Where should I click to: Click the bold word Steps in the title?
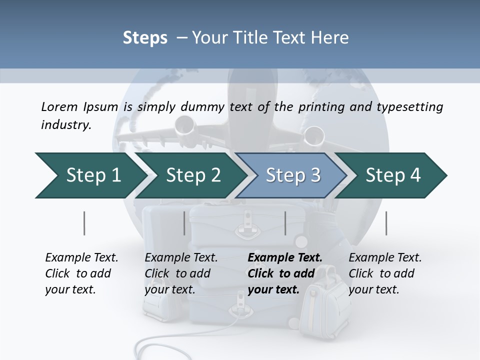[x=145, y=38]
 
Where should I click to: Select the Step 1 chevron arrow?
[x=88, y=175]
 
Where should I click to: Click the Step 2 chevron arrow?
[x=190, y=175]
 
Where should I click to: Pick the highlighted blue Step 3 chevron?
[x=291, y=175]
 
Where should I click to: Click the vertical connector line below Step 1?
[x=84, y=223]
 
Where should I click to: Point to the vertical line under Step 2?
[x=184, y=223]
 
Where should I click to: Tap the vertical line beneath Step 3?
[x=285, y=223]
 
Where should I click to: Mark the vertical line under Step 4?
[x=386, y=223]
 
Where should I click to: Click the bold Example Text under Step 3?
[x=285, y=258]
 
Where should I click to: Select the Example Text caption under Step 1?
[x=81, y=258]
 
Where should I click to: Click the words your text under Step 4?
[x=373, y=289]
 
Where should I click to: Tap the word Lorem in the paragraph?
[x=59, y=107]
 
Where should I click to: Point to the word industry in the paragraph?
[x=65, y=125]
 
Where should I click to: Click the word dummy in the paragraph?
[x=205, y=107]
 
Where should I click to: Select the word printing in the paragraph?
[x=320, y=107]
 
